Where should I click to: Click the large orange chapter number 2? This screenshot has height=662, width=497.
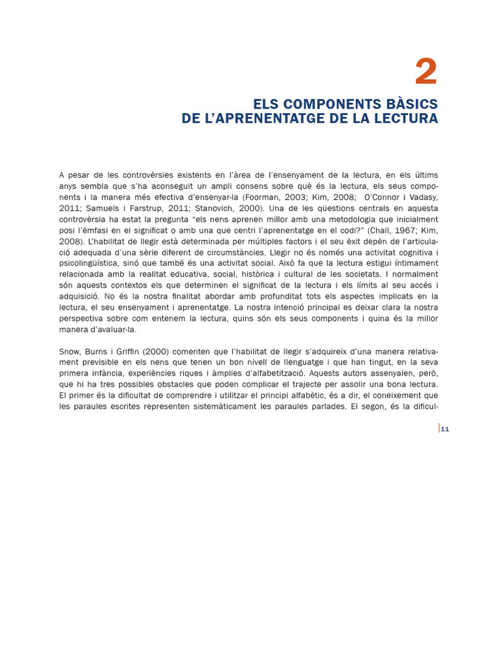click(x=426, y=72)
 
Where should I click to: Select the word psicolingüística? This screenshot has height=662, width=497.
click(x=90, y=263)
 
